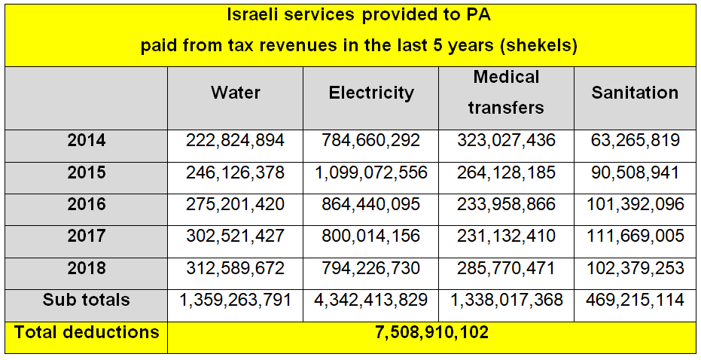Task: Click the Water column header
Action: pyautogui.click(x=236, y=93)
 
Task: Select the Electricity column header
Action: pyautogui.click(x=371, y=93)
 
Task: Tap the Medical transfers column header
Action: pyautogui.click(x=506, y=92)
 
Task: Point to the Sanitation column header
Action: pyautogui.click(x=635, y=93)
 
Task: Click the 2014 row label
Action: pyautogui.click(x=87, y=140)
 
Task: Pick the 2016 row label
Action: pyautogui.click(x=87, y=204)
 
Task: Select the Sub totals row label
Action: pyautogui.click(x=87, y=300)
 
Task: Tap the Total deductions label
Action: pyautogui.click(x=87, y=331)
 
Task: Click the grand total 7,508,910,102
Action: pyautogui.click(x=431, y=332)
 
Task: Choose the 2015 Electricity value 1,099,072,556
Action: pyautogui.click(x=371, y=172)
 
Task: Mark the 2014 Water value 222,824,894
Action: pyautogui.click(x=236, y=140)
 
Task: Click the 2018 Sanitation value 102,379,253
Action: pyautogui.click(x=635, y=268)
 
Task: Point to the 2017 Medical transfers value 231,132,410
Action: pyautogui.click(x=506, y=236)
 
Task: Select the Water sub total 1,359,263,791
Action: pyautogui.click(x=236, y=300)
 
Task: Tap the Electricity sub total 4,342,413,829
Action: pyautogui.click(x=371, y=300)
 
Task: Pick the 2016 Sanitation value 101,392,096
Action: pyautogui.click(x=635, y=204)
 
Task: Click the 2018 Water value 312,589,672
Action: pyautogui.click(x=236, y=268)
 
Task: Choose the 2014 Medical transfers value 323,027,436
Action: pyautogui.click(x=506, y=140)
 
